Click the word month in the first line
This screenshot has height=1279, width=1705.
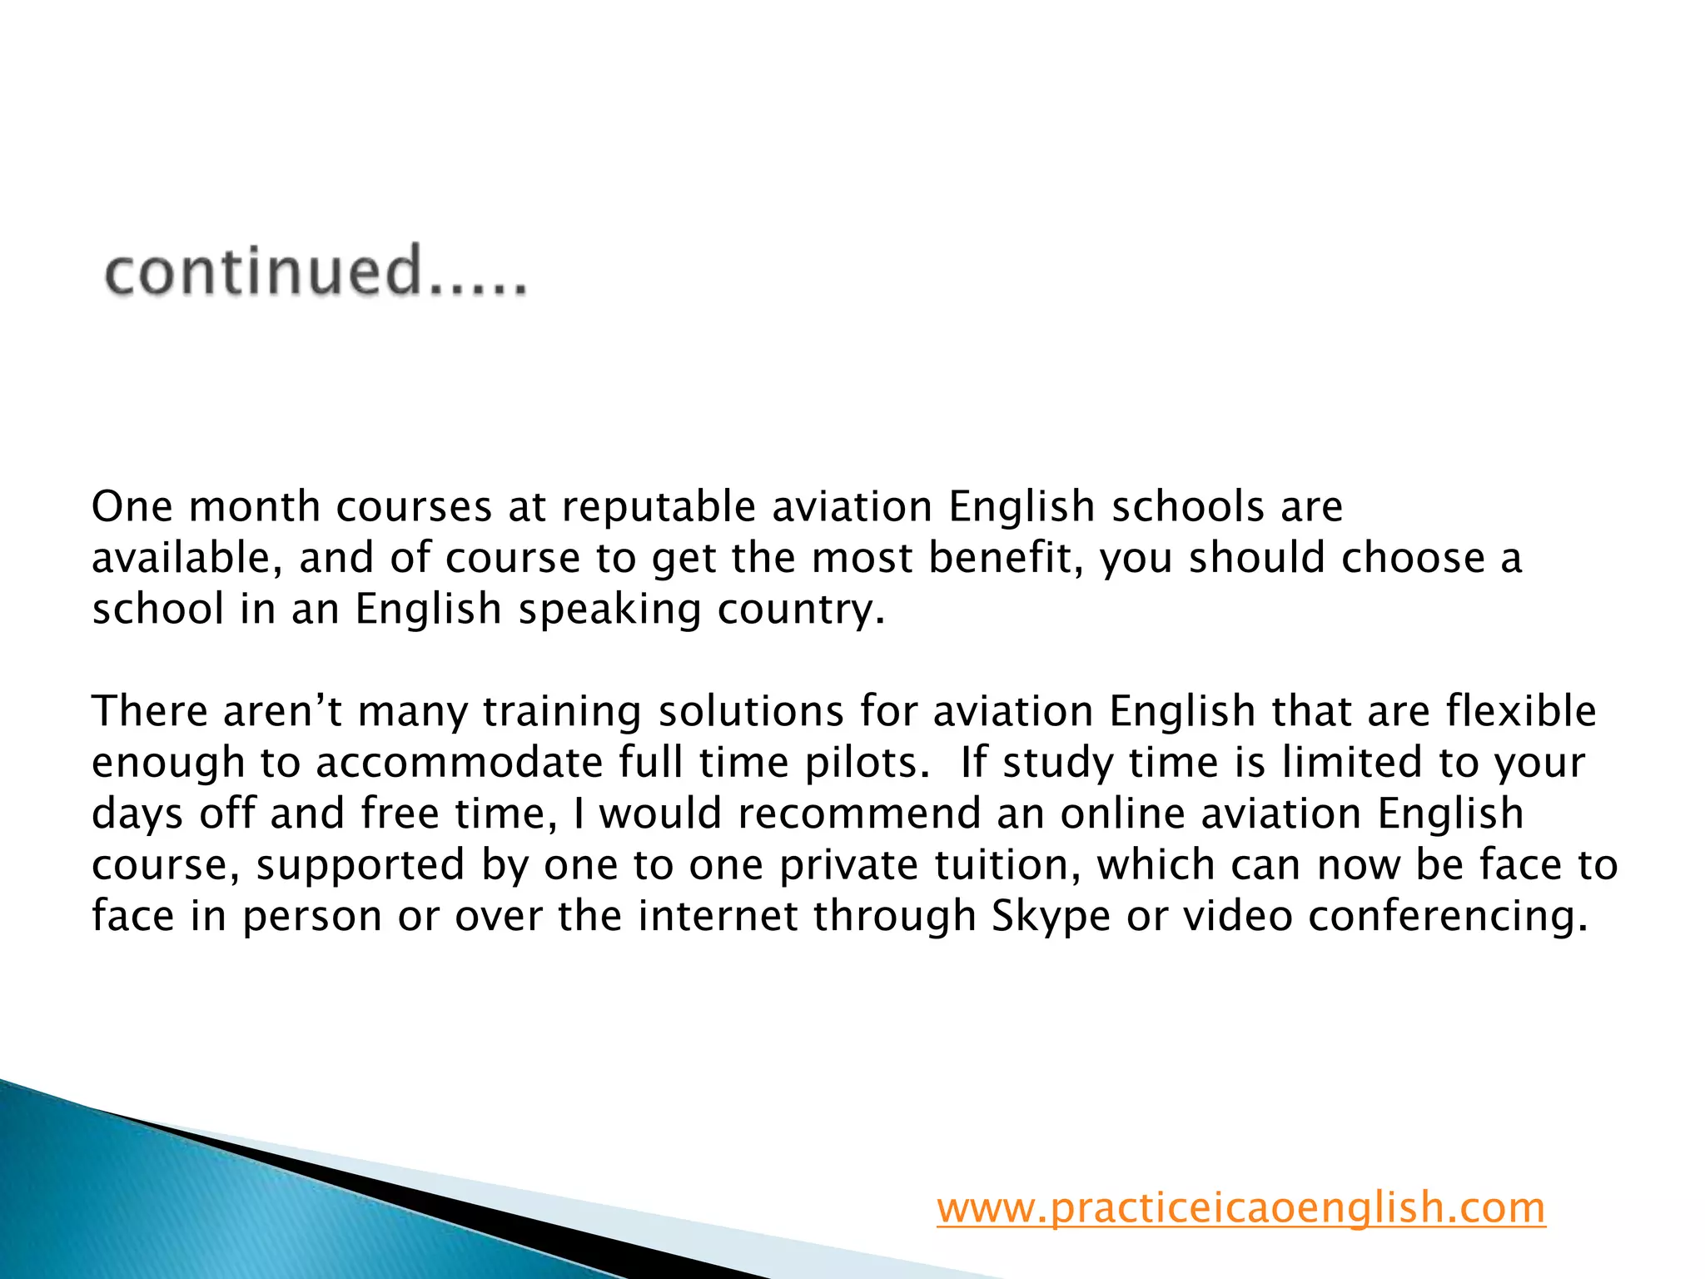[x=255, y=506]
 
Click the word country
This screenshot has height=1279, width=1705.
[x=800, y=609]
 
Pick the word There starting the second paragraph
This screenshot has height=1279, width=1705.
[x=149, y=711]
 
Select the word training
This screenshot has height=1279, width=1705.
[x=562, y=713]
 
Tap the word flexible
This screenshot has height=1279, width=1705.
[x=1520, y=711]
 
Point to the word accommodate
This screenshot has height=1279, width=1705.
[x=460, y=763]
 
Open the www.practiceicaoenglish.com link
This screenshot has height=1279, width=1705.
[x=1240, y=1207]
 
